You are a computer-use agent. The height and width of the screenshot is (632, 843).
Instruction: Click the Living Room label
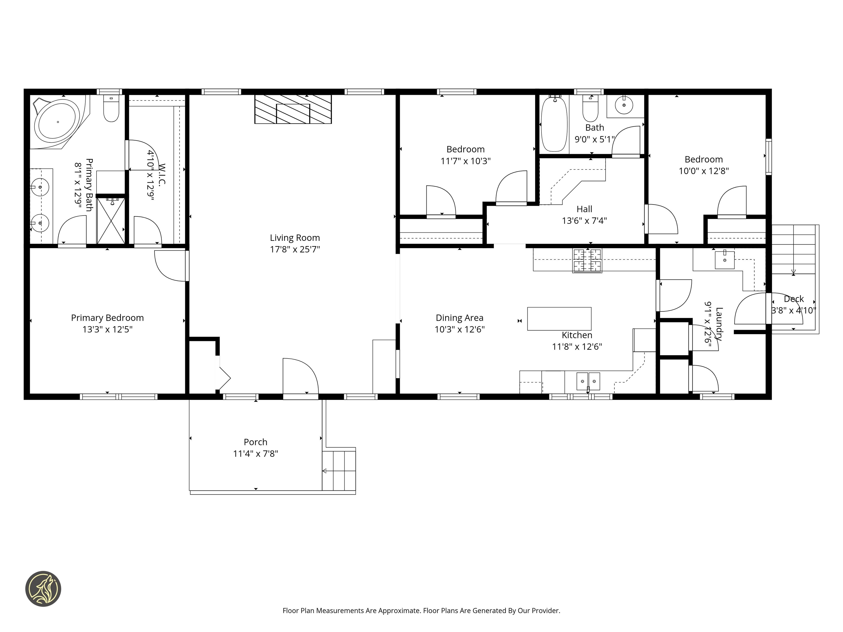pyautogui.click(x=295, y=238)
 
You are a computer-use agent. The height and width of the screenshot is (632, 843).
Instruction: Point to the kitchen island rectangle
pyautogui.click(x=559, y=318)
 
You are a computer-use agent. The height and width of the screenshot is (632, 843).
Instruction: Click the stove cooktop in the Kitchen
pyautogui.click(x=587, y=261)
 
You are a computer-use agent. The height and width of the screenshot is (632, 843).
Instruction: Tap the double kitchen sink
pyautogui.click(x=588, y=381)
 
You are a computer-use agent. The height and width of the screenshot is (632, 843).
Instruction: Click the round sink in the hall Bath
pyautogui.click(x=624, y=105)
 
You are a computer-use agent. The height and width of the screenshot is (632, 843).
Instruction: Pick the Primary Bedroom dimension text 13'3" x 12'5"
pyautogui.click(x=108, y=329)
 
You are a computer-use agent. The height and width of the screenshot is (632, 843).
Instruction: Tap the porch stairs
pyautogui.click(x=339, y=470)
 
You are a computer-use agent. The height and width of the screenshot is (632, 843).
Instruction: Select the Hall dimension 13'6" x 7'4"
pyautogui.click(x=584, y=221)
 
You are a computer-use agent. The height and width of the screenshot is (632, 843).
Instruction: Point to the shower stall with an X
pyautogui.click(x=111, y=220)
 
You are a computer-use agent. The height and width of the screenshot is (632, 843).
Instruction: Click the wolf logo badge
pyautogui.click(x=43, y=589)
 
